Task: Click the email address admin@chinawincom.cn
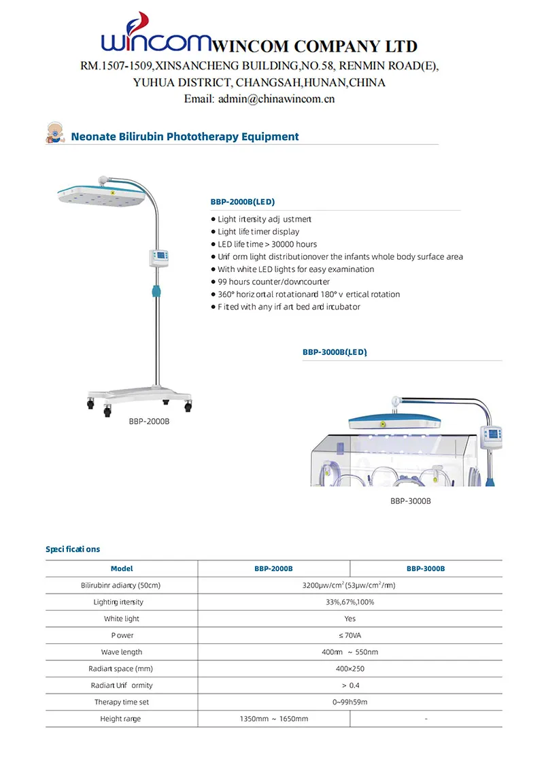click(259, 99)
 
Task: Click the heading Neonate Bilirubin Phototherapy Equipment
click(185, 137)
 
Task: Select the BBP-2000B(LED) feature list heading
click(243, 202)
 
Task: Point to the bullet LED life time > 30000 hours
click(267, 244)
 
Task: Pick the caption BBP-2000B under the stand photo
click(149, 422)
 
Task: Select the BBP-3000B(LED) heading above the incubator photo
click(335, 352)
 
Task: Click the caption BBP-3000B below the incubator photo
click(411, 501)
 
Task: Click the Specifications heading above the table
click(73, 549)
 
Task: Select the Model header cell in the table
click(122, 568)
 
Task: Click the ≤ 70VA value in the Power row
click(350, 635)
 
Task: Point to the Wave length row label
click(122, 652)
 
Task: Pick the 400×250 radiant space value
click(350, 668)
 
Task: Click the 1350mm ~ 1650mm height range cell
click(274, 719)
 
